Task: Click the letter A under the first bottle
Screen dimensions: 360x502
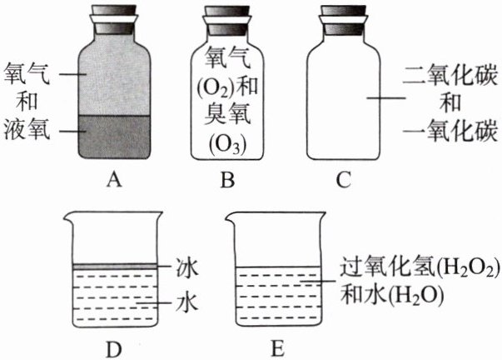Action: (115, 177)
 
